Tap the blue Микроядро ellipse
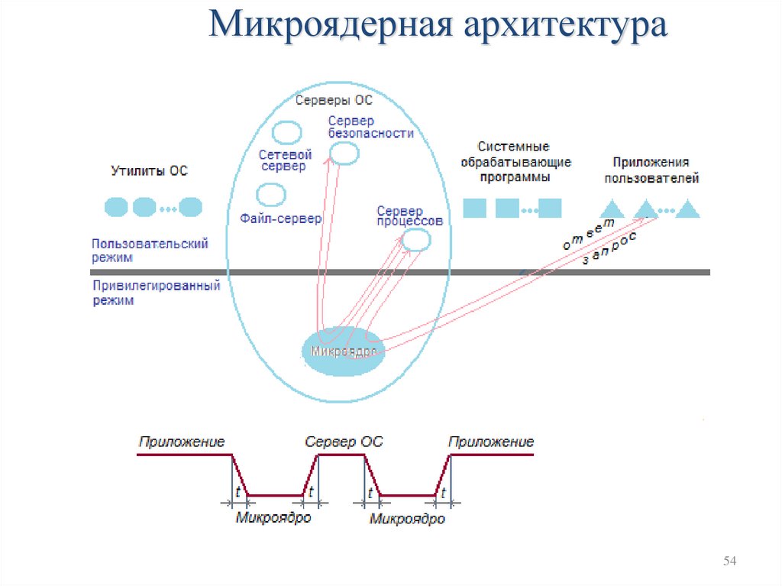(344, 351)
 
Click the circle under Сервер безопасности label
(344, 154)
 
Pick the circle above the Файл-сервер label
(271, 196)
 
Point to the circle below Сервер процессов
(416, 240)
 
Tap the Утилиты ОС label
(150, 171)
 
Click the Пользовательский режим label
(150, 250)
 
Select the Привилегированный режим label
(156, 293)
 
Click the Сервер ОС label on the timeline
(344, 442)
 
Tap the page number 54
(729, 562)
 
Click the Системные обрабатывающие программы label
(517, 161)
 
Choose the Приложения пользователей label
(651, 170)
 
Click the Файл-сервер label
(280, 219)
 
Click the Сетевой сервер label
(283, 160)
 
